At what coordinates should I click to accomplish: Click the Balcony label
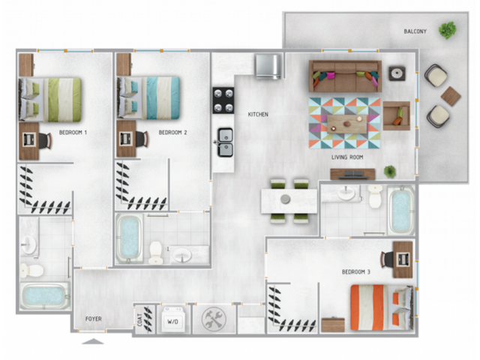pos(415,31)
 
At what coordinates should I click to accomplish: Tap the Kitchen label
pos(258,115)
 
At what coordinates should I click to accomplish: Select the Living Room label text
pos(347,157)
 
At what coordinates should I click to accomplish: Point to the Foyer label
pos(93,319)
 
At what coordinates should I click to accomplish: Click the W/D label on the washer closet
pos(172,321)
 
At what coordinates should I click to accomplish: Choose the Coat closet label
pos(139,320)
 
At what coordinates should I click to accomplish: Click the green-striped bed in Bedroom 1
pos(52,98)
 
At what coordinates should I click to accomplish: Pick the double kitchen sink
pos(224,141)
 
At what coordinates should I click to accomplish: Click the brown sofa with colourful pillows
pos(345,76)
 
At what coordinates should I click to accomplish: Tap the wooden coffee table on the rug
pos(350,121)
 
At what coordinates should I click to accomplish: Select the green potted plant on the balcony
pos(448,31)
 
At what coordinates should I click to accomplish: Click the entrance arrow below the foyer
pos(93,341)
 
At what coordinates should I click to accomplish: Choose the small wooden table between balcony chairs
pos(451,95)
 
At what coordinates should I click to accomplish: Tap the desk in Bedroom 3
pos(403,259)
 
